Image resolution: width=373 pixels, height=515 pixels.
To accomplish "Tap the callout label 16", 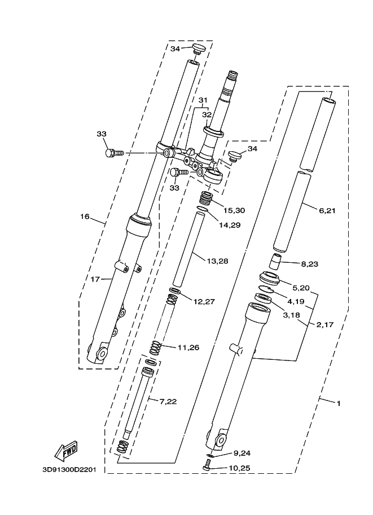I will pyautogui.click(x=85, y=215).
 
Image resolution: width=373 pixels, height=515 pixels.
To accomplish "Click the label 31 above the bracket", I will pyautogui.click(x=203, y=101).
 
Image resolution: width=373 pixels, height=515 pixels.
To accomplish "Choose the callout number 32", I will pyautogui.click(x=207, y=115).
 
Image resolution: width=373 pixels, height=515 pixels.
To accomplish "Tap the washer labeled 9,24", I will pyautogui.click(x=210, y=454).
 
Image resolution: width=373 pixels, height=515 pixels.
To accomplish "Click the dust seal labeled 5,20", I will pyautogui.click(x=269, y=278).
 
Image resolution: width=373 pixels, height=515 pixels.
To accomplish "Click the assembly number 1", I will pyautogui.click(x=338, y=403).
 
